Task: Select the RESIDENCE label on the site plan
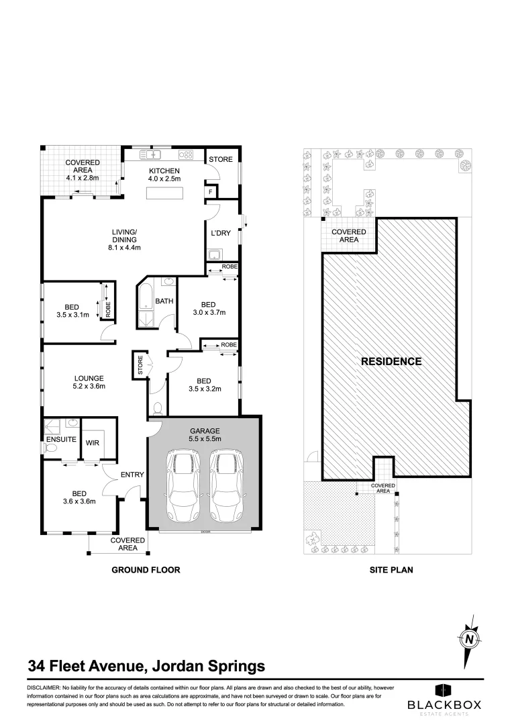(x=391, y=361)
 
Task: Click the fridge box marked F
(x=211, y=192)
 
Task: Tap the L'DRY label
(x=221, y=233)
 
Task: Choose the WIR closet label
(x=92, y=442)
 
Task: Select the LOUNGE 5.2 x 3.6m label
(x=89, y=381)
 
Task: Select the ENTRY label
(x=132, y=475)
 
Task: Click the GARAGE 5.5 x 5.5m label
(x=205, y=434)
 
